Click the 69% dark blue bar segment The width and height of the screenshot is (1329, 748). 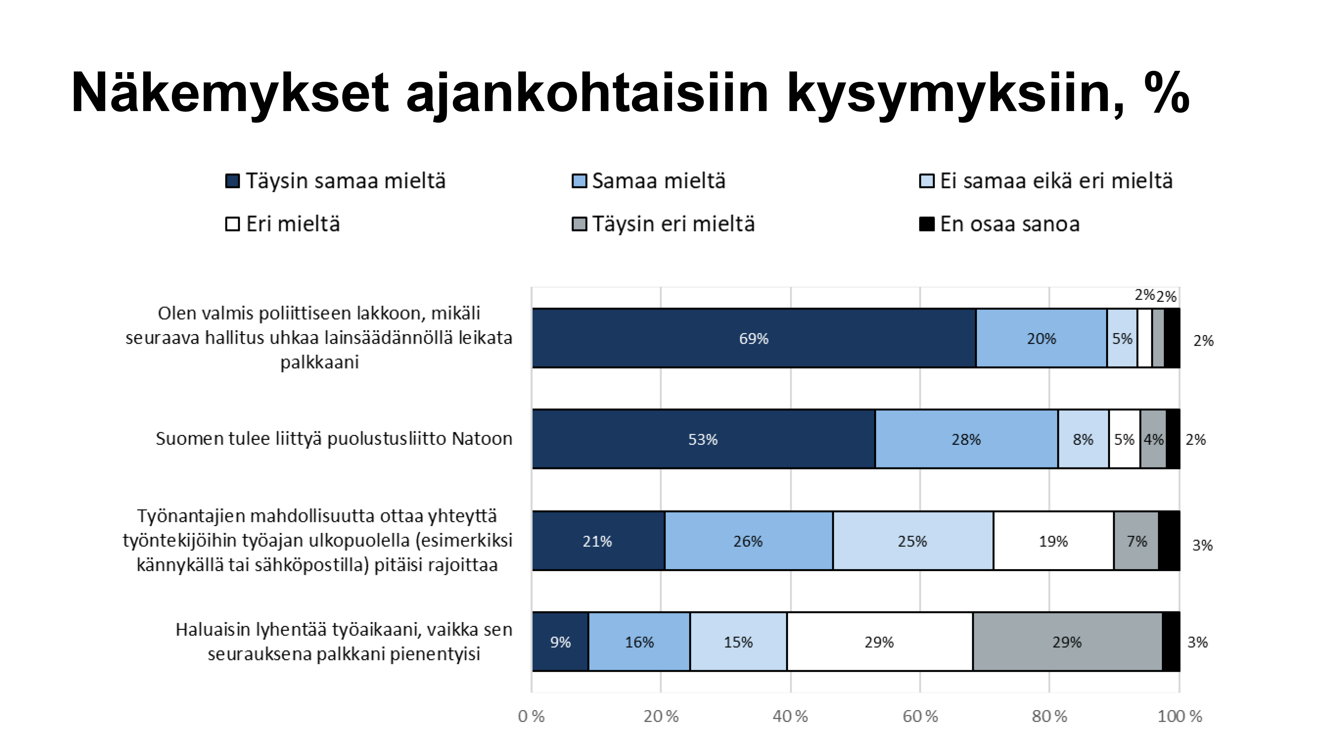pyautogui.click(x=754, y=338)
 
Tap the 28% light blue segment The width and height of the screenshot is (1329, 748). pyautogui.click(x=966, y=439)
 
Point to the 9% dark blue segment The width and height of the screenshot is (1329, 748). pyautogui.click(x=560, y=642)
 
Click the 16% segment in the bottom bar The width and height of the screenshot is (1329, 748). pyautogui.click(x=639, y=642)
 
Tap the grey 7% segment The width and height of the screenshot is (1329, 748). pyautogui.click(x=1136, y=541)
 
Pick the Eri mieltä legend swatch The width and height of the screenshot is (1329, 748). pyautogui.click(x=233, y=224)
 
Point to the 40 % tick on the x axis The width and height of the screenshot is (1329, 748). pyautogui.click(x=790, y=716)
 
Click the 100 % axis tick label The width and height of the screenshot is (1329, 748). pyautogui.click(x=1180, y=716)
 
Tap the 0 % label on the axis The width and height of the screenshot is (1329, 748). pyautogui.click(x=531, y=716)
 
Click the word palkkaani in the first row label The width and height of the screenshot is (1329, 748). pyautogui.click(x=319, y=362)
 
